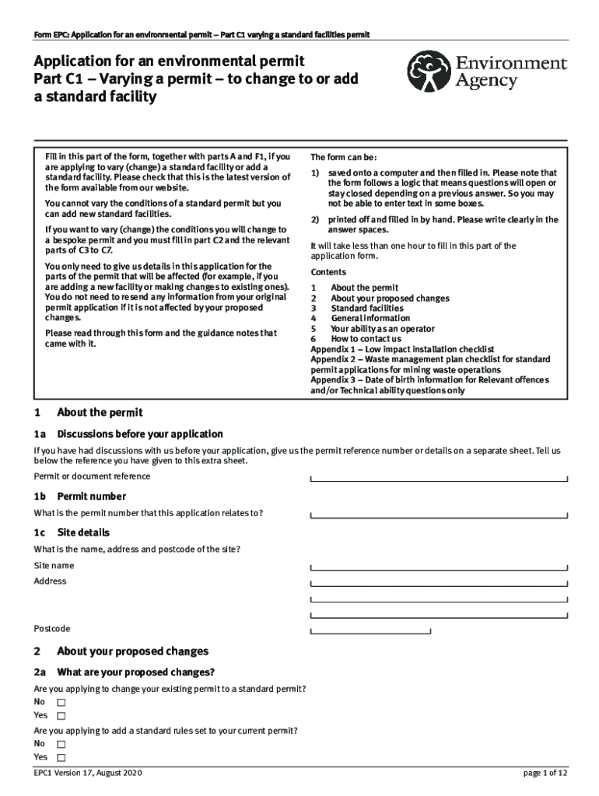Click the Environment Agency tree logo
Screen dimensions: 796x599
tap(427, 71)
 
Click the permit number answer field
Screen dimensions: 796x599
tap(439, 513)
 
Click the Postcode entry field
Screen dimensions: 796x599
tap(370, 629)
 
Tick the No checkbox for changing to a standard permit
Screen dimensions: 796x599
tap(61, 702)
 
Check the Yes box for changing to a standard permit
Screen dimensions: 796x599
tap(61, 716)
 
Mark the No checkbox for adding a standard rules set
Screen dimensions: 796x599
tap(61, 744)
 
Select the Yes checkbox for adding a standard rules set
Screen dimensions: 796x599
tap(61, 758)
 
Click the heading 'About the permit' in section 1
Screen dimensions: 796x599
tap(99, 413)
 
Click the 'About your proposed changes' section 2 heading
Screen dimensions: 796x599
tap(132, 651)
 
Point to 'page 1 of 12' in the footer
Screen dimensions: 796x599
tap(545, 773)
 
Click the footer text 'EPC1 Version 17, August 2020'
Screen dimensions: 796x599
tap(88, 773)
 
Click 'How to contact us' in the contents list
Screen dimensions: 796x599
tap(366, 339)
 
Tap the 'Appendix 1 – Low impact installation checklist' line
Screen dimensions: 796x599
tap(402, 349)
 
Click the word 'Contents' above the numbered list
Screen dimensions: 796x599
tap(329, 272)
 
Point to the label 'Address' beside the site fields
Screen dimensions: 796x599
tap(50, 581)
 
